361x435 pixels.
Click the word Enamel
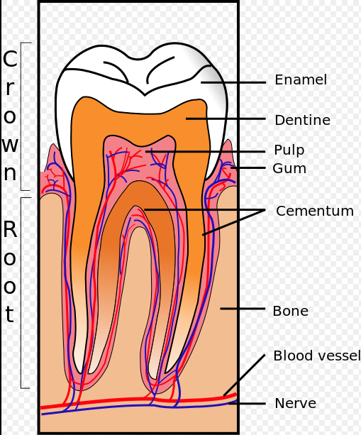pyautogui.click(x=301, y=80)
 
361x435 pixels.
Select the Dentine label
pyautogui.click(x=303, y=120)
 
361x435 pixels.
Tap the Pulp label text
pyautogui.click(x=289, y=150)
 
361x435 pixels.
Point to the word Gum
pyautogui.click(x=289, y=168)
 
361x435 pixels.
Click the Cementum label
pyautogui.click(x=315, y=211)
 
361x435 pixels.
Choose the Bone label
pyautogui.click(x=290, y=311)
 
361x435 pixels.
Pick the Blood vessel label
pyautogui.click(x=317, y=356)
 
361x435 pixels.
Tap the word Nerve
pyautogui.click(x=295, y=403)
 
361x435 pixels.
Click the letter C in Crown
pyautogui.click(x=10, y=58)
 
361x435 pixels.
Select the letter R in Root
pyautogui.click(x=10, y=229)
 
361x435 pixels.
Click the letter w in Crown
pyautogui.click(x=10, y=145)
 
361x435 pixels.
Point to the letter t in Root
pyautogui.click(x=9, y=314)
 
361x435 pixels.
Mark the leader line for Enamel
pyautogui.click(x=233, y=82)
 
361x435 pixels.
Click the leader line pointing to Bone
pyautogui.click(x=243, y=308)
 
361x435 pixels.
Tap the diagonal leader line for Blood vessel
pyautogui.click(x=244, y=375)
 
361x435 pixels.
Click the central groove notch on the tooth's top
pyautogui.click(x=145, y=95)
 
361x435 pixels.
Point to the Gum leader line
pyautogui.click(x=248, y=168)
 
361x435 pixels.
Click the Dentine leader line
pyautogui.click(x=226, y=119)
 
